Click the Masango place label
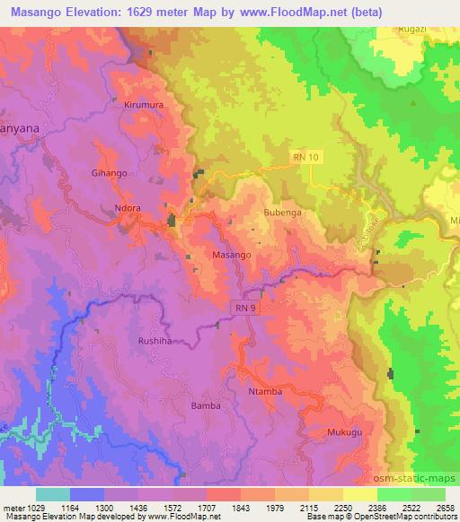(231, 256)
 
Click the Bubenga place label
(281, 213)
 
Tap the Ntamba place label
(265, 392)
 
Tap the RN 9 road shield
(245, 308)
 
